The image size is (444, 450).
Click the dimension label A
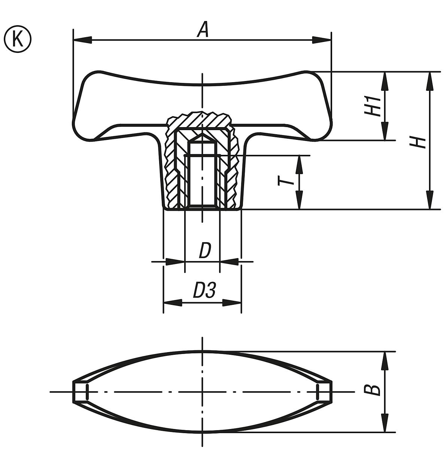[203, 30]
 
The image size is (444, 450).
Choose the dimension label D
[205, 251]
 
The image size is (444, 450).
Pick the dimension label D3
[204, 291]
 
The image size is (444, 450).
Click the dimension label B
[372, 390]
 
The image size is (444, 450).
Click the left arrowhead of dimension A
[82, 39]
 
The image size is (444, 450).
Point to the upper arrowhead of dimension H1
[384, 80]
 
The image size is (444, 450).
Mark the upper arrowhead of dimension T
[299, 164]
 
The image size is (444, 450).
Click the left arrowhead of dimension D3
[173, 303]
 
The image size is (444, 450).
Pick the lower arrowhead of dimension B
[384, 423]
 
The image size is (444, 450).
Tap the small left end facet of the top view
[80, 392]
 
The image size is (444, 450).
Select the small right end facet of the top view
[324, 392]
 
